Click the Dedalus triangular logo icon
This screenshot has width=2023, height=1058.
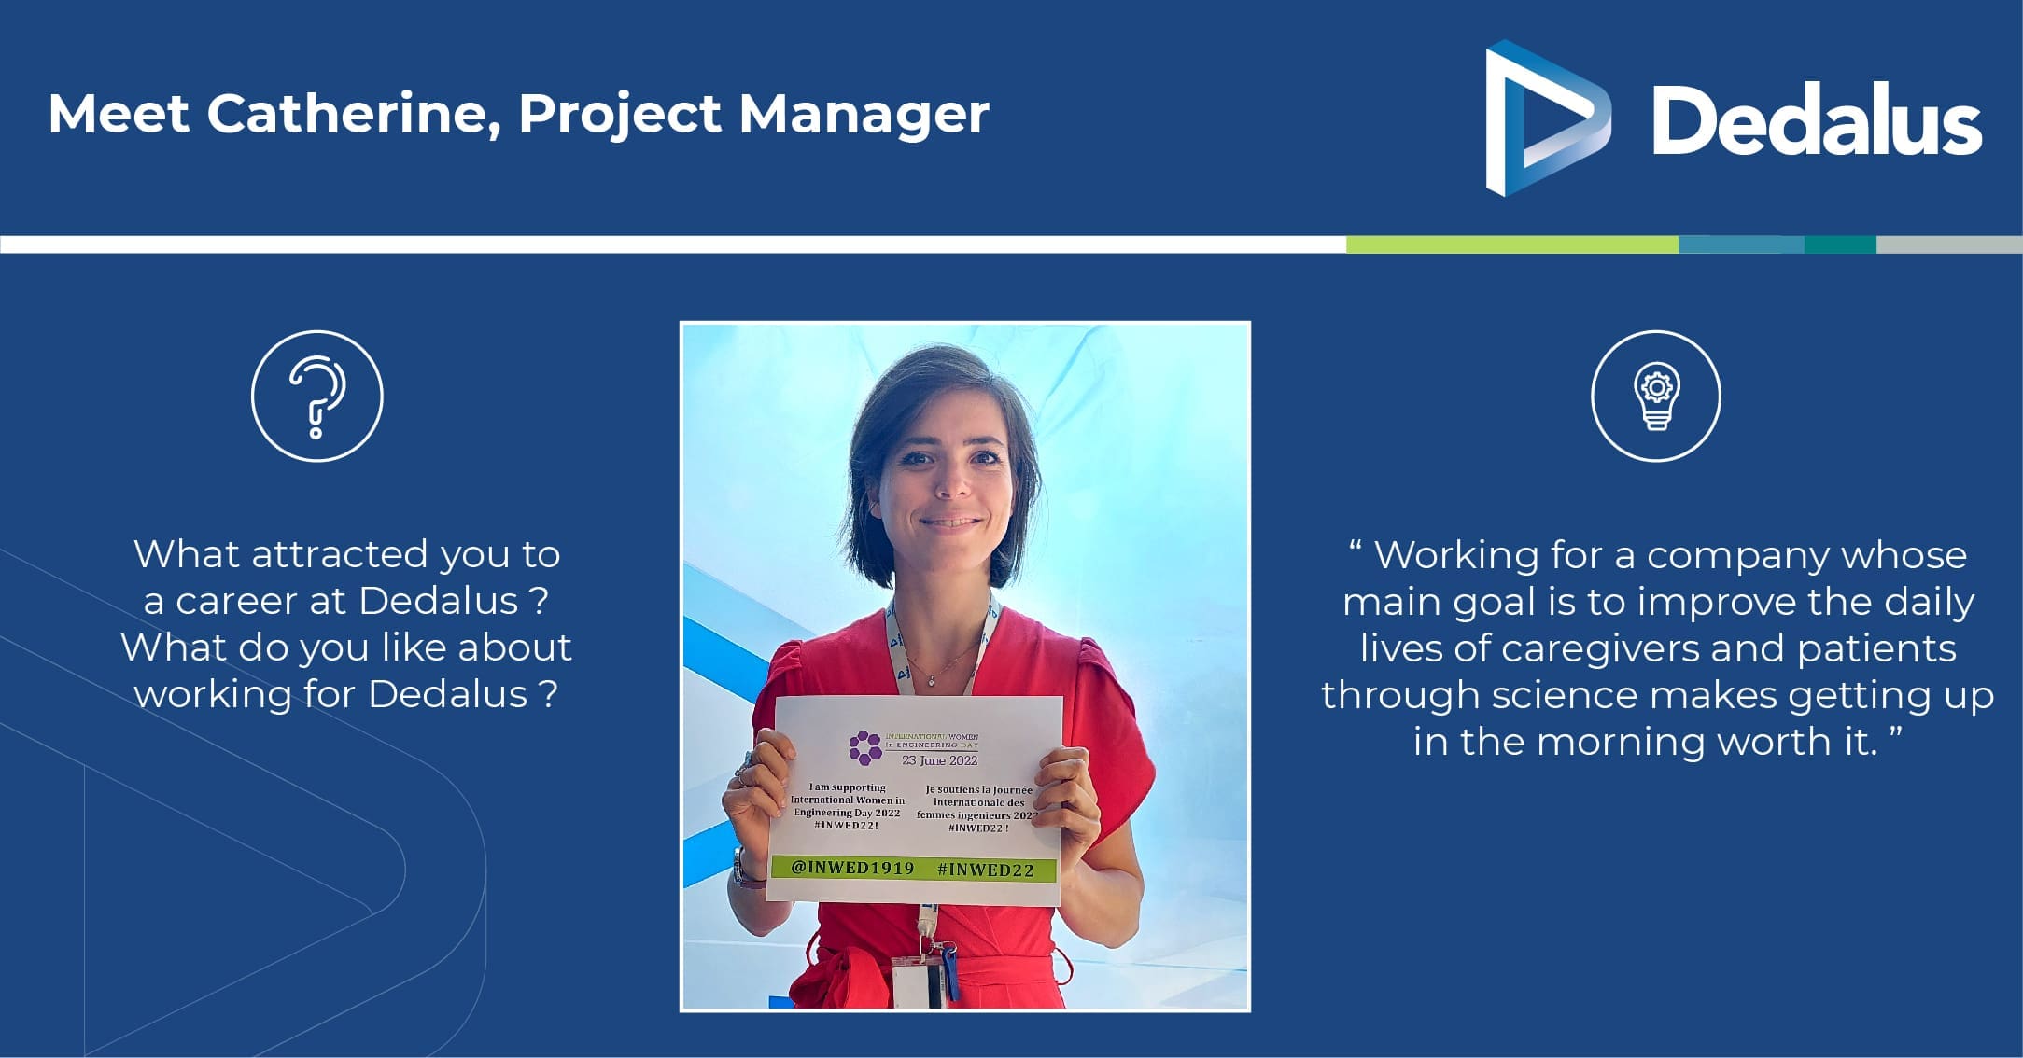pyautogui.click(x=1548, y=118)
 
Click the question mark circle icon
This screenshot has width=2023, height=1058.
pyautogui.click(x=317, y=396)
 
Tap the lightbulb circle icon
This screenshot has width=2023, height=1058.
pyautogui.click(x=1656, y=396)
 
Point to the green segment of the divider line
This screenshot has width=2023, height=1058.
pyautogui.click(x=1512, y=244)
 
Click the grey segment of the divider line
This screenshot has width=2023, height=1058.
pyautogui.click(x=1949, y=244)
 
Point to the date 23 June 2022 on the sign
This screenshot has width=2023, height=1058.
pyautogui.click(x=939, y=760)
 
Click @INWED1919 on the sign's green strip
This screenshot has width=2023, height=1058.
pyautogui.click(x=852, y=868)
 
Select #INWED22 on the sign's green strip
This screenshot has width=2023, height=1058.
pyautogui.click(x=986, y=870)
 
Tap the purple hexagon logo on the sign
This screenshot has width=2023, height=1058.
pyautogui.click(x=865, y=746)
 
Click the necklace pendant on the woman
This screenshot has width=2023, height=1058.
pyautogui.click(x=931, y=681)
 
